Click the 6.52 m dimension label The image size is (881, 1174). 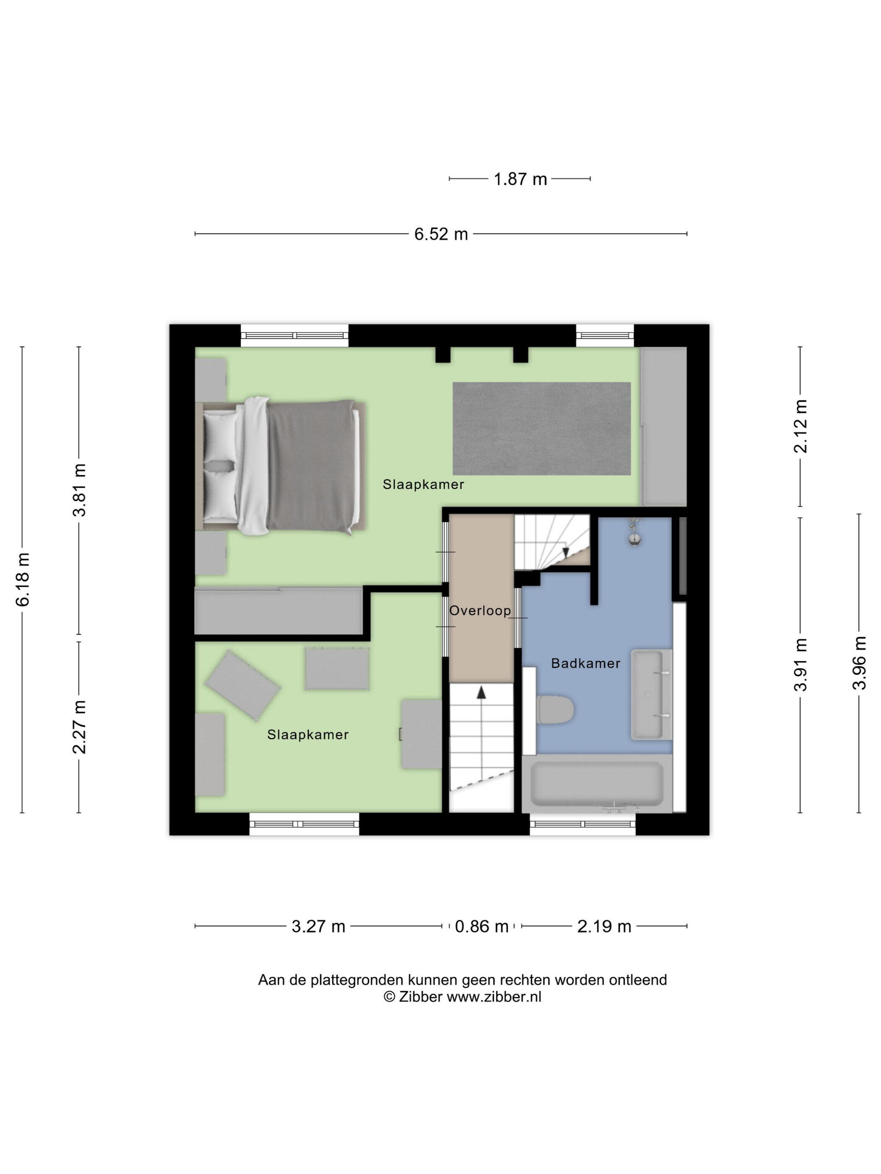(x=441, y=234)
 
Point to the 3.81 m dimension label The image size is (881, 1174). (x=80, y=490)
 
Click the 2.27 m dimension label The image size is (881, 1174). (x=80, y=727)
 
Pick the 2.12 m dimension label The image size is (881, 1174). (x=800, y=426)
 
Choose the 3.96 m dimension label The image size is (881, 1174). (x=859, y=663)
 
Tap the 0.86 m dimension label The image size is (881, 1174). (x=482, y=927)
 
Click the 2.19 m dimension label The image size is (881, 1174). (x=604, y=927)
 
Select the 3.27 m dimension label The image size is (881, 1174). (x=318, y=927)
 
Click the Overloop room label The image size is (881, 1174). (x=480, y=611)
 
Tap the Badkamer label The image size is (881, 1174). (x=585, y=663)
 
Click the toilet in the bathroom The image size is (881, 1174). (x=555, y=709)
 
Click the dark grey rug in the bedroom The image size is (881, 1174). (x=541, y=429)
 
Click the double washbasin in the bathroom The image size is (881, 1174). (x=652, y=695)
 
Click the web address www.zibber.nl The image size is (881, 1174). (x=494, y=997)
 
